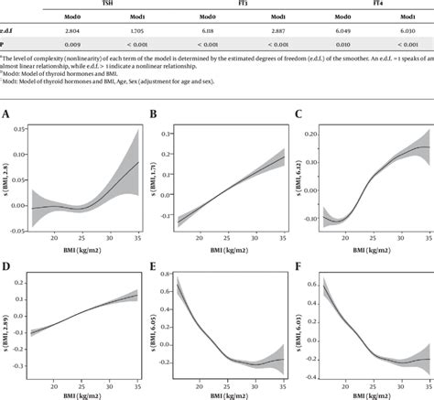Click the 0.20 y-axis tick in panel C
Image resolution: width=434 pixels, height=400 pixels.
pos(312,135)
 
